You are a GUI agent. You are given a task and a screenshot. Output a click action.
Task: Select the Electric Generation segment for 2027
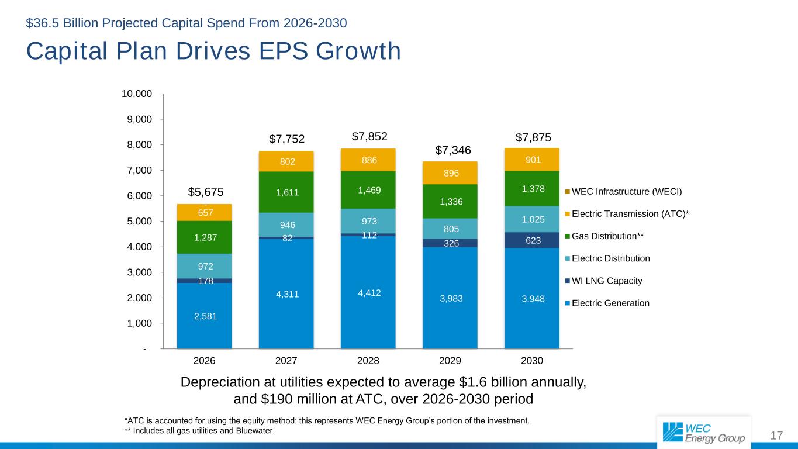286,294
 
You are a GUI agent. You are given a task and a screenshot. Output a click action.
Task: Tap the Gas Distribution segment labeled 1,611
286,192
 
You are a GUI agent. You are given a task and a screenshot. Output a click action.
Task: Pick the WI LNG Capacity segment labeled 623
532,240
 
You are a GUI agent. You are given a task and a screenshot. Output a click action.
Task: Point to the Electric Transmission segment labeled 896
450,172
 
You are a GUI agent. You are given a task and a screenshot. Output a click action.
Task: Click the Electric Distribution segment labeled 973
368,221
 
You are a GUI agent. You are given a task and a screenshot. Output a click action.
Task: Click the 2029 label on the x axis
450,361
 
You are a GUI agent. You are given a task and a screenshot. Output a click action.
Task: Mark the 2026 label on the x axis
204,361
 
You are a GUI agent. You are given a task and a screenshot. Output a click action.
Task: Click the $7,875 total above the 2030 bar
532,137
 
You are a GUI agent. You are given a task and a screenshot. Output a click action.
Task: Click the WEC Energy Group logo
704,432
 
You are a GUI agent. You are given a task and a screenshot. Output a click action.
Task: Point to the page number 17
776,436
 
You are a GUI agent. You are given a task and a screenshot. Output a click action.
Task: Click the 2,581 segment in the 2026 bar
204,316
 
